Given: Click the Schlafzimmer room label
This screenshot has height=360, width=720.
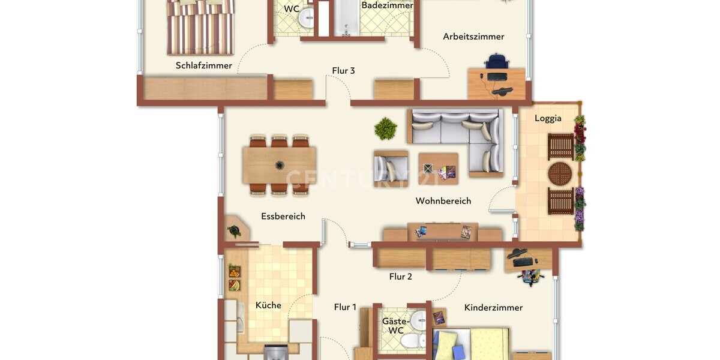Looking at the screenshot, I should [x=204, y=65].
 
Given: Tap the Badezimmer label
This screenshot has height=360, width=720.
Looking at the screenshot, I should [x=387, y=5].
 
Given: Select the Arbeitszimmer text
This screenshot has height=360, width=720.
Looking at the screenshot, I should [x=473, y=37].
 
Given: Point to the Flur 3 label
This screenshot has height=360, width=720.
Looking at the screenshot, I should [x=343, y=71].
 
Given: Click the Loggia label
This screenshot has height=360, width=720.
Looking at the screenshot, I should [x=548, y=118].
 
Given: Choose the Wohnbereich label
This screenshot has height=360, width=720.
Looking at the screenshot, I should [x=443, y=201].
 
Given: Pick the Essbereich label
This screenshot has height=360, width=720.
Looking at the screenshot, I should [x=283, y=216].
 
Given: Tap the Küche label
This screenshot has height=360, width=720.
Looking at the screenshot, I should [x=268, y=305].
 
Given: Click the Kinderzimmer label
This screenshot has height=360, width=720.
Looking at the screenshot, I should [x=493, y=307].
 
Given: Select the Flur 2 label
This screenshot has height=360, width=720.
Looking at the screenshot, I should [x=400, y=277].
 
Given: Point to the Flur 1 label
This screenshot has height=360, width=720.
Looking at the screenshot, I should [x=345, y=307].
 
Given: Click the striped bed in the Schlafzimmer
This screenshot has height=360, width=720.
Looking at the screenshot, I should [x=200, y=27].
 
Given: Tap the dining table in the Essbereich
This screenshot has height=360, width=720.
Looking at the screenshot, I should [x=280, y=165].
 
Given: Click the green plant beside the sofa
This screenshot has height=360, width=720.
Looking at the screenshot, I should [x=385, y=128].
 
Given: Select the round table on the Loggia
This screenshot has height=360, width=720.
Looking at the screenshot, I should [x=561, y=174].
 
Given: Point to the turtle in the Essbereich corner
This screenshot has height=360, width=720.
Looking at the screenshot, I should [x=234, y=230].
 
